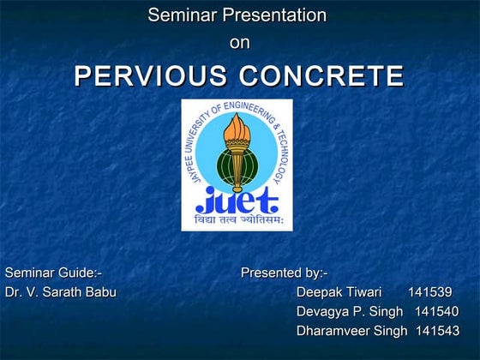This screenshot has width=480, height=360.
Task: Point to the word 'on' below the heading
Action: pyautogui.click(x=240, y=43)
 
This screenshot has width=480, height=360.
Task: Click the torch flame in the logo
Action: pyautogui.click(x=236, y=129)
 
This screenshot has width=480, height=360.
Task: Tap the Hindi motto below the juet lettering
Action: pyautogui.click(x=237, y=221)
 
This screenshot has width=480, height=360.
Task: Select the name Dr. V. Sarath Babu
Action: pyautogui.click(x=60, y=291)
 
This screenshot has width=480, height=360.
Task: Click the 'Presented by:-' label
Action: pyautogui.click(x=284, y=273)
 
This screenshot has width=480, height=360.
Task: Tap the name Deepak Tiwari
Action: pyautogui.click(x=339, y=291)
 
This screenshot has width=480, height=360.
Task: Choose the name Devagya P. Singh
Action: pyautogui.click(x=350, y=310)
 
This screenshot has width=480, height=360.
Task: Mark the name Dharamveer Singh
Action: pyautogui.click(x=351, y=330)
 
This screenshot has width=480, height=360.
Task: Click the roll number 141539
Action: pyautogui.click(x=430, y=291)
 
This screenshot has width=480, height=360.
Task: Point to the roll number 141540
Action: pyautogui.click(x=436, y=310)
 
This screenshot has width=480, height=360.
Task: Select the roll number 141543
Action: pyautogui.click(x=437, y=330)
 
